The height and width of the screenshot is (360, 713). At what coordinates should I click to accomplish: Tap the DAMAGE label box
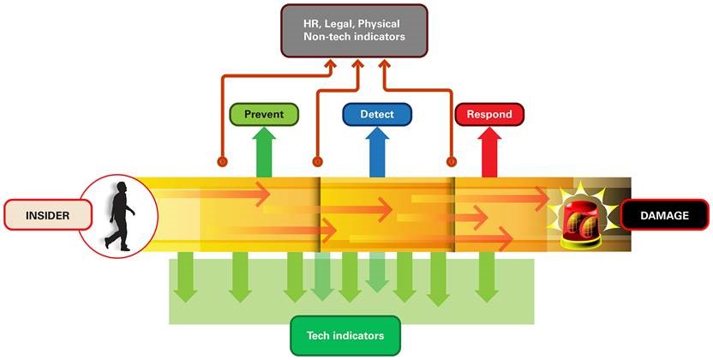pos(664,216)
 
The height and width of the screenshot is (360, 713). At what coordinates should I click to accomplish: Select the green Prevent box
pos(264,114)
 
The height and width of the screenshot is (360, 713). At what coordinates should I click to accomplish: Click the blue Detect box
pos(377,114)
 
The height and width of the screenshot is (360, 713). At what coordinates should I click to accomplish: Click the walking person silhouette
pos(118,215)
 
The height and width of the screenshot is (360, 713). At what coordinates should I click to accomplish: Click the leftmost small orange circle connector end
pos(222,160)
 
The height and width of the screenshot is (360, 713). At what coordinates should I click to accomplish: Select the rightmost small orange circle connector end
pos(451,160)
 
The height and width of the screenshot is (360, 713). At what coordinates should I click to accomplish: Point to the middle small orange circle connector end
pos(317,160)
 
